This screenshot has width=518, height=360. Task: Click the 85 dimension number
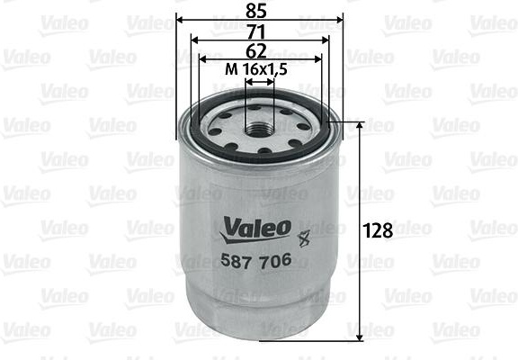click(259, 12)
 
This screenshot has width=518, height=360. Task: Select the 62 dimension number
click(259, 50)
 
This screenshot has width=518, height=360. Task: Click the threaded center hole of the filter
click(259, 123)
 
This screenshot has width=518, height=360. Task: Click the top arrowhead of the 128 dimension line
click(360, 126)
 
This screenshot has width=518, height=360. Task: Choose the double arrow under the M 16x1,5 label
click(259, 82)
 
